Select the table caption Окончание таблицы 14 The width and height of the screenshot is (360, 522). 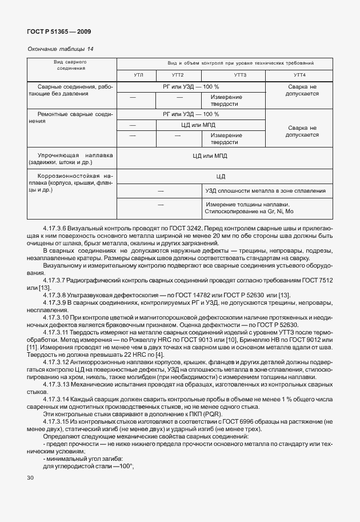point(61,49)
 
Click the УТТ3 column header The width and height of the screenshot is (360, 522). point(240,75)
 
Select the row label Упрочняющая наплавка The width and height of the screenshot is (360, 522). point(75,155)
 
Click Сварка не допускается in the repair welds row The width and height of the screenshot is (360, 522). point(302,132)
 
